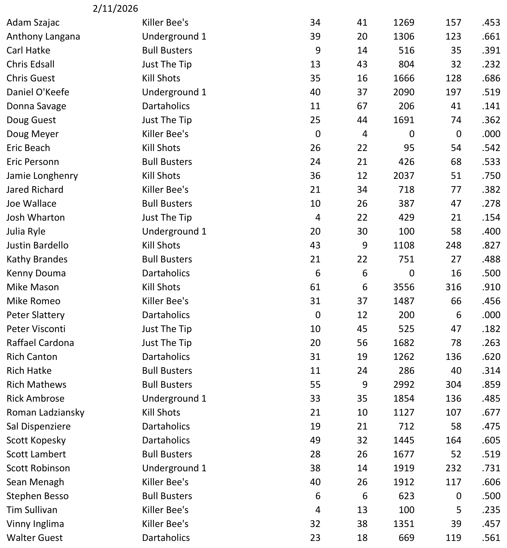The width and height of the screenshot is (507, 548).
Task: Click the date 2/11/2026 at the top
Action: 115,9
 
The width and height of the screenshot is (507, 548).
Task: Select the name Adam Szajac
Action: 33,22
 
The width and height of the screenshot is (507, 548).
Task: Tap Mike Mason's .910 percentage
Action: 491,287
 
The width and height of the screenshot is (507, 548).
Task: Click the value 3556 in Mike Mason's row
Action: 404,287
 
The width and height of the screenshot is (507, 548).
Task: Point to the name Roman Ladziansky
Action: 45,412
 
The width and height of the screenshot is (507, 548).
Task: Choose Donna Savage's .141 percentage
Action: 491,106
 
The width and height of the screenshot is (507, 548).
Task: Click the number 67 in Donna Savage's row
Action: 362,106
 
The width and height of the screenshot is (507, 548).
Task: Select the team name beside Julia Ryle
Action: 174,231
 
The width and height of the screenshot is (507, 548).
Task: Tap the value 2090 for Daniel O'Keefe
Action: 404,92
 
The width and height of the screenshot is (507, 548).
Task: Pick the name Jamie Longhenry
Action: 42,175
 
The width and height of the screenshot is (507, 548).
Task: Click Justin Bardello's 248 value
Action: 453,245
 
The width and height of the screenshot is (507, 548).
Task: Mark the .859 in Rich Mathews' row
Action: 491,385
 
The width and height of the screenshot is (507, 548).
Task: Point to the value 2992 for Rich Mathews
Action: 404,385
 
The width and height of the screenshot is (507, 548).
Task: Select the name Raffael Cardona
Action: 40,343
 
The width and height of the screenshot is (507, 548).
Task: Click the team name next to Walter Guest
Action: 166,537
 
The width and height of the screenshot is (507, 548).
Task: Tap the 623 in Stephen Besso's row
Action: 406,496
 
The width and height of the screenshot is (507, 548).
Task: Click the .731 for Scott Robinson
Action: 491,468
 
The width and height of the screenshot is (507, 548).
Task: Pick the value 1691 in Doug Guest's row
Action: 404,120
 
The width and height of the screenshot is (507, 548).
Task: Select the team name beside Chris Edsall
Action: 167,64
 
